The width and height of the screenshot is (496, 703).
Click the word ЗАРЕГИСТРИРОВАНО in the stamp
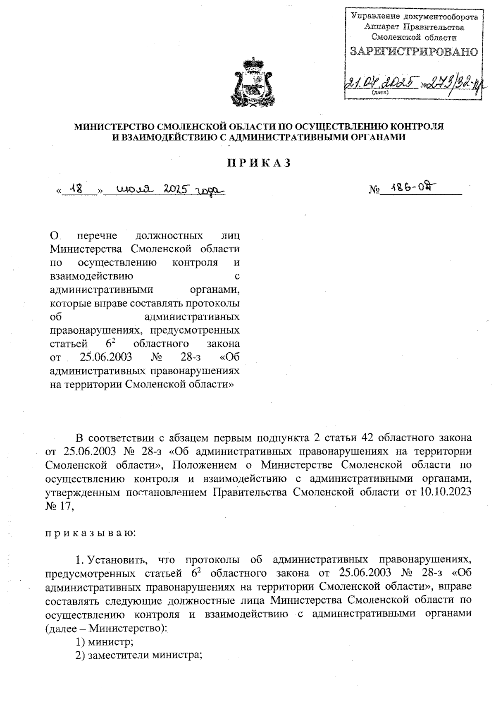414,52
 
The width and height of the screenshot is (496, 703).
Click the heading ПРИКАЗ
258,163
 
